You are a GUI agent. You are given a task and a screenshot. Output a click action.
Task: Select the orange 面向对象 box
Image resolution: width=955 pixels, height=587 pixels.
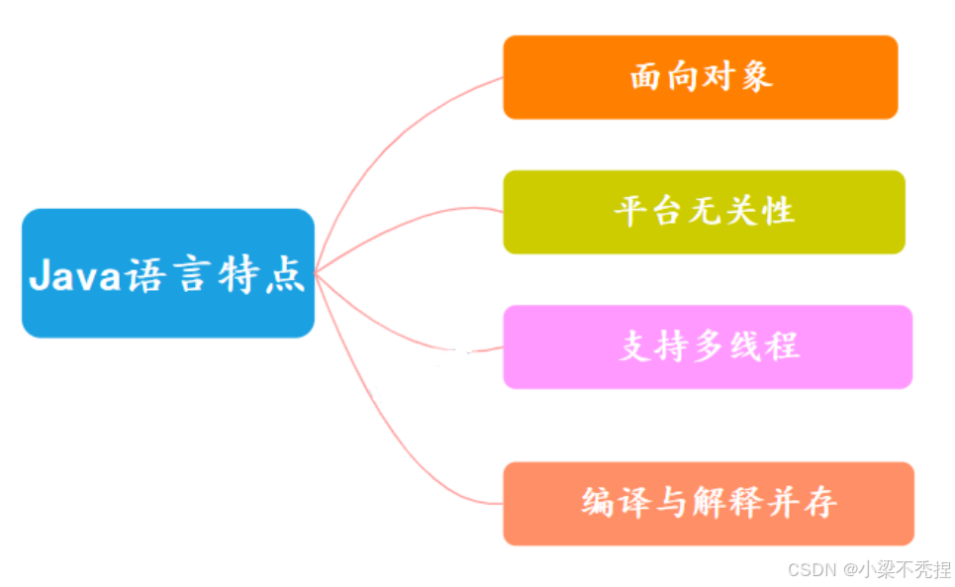tap(700, 77)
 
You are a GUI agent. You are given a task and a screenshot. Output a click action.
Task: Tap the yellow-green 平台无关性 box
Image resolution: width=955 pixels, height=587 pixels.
tap(704, 212)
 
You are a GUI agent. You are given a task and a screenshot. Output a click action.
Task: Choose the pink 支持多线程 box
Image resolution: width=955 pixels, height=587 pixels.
tap(707, 346)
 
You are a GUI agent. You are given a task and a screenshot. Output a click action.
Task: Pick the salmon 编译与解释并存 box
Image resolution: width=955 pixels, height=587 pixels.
tap(708, 503)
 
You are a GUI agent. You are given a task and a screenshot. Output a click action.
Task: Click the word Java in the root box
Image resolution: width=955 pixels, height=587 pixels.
tap(75, 274)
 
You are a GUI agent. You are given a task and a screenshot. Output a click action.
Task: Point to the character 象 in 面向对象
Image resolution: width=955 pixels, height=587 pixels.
tap(756, 77)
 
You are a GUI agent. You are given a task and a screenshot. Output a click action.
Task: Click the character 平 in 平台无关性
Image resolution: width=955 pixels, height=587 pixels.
tap(629, 212)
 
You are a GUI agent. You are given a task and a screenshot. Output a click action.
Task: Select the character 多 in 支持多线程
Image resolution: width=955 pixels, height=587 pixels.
tap(709, 346)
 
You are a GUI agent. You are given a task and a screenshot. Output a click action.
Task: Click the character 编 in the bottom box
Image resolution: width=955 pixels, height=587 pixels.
tap(599, 503)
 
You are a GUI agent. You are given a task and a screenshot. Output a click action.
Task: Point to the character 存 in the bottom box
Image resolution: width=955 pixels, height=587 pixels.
tap(820, 503)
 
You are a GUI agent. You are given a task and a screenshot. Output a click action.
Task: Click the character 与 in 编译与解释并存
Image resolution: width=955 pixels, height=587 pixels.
tap(673, 503)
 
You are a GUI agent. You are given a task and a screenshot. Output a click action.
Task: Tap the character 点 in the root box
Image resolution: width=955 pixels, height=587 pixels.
tap(287, 274)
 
